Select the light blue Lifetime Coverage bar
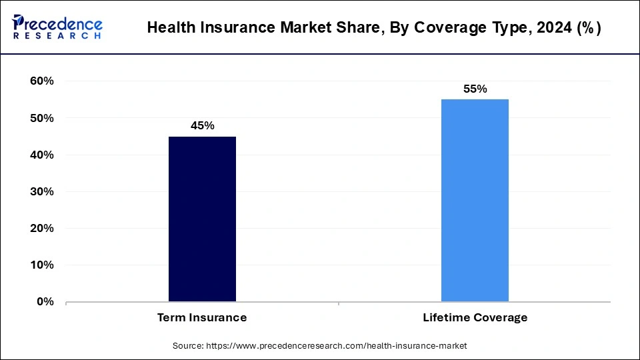tap(475, 200)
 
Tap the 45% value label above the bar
tap(202, 125)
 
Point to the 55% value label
tap(475, 89)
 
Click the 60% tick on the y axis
tap(42, 81)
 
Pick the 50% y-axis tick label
tap(42, 118)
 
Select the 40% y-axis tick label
tap(42, 155)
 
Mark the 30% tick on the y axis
tap(42, 191)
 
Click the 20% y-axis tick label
tap(42, 228)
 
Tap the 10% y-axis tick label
tap(42, 265)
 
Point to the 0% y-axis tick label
tap(45, 301)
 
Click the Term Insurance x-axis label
tap(202, 317)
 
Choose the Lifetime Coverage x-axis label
tap(475, 317)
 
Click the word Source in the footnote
tap(188, 346)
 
